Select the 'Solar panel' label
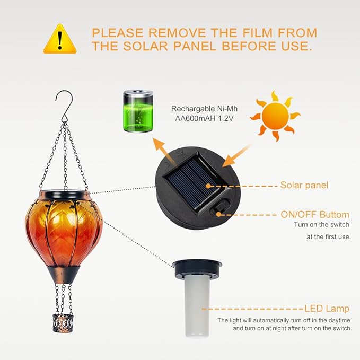tap(304, 186)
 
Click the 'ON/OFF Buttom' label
tap(314, 215)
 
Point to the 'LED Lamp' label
tap(327, 309)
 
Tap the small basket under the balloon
tap(62, 321)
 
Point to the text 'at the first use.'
tap(328, 237)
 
